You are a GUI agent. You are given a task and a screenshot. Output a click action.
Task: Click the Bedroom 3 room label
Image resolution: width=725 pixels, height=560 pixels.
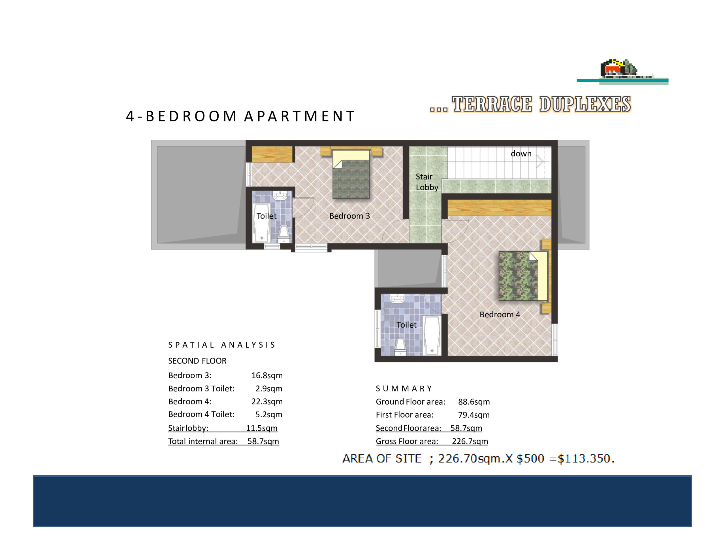[349, 216]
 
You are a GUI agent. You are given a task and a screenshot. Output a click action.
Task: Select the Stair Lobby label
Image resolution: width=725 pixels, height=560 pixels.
[427, 182]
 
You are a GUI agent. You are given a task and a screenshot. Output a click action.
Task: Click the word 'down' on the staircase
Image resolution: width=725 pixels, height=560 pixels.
[521, 153]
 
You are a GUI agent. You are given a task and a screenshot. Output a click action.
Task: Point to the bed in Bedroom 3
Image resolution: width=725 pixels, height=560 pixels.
[351, 174]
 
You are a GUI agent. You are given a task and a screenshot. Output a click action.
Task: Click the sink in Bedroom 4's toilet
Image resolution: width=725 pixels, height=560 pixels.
[397, 298]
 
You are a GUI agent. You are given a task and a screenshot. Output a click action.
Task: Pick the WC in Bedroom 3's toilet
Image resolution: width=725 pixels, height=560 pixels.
[283, 234]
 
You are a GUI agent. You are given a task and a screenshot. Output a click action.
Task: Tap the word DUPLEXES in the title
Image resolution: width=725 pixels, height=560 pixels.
[585, 104]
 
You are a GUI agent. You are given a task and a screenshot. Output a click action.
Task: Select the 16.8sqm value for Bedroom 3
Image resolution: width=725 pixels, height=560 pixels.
[267, 375]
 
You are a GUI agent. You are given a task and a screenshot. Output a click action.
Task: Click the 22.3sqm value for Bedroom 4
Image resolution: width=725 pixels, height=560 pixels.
[267, 401]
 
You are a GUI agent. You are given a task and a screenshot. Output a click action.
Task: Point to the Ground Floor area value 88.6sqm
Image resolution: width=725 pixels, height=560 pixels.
[474, 402]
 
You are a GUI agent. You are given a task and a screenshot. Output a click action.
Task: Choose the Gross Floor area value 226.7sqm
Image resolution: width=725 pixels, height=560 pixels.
[470, 441]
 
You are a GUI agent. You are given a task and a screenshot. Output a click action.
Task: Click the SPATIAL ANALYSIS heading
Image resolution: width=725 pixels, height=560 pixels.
[221, 345]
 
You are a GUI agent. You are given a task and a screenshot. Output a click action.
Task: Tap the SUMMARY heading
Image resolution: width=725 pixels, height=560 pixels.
[403, 388]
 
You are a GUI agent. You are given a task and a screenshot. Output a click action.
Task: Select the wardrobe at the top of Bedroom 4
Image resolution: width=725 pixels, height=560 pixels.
[500, 208]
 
